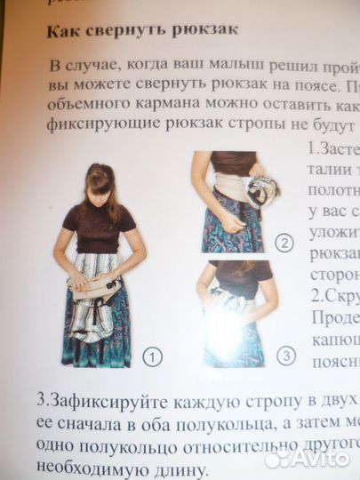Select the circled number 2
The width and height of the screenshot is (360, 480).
[284, 244]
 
